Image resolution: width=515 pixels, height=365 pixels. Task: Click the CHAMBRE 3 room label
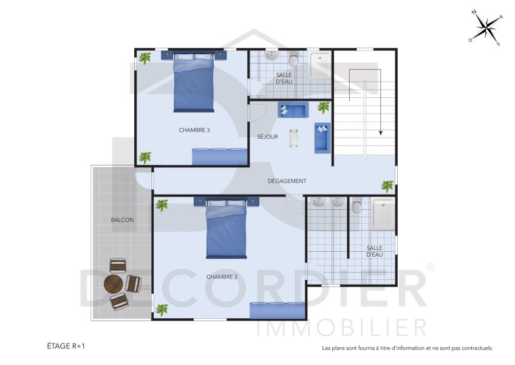coord(194,130)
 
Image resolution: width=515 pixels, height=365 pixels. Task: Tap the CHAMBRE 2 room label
coord(222,277)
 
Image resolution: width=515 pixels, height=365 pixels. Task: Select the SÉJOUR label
coord(267,137)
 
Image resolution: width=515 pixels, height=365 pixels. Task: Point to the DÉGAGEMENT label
coord(287,181)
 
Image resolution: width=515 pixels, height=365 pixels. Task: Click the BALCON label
coord(122,220)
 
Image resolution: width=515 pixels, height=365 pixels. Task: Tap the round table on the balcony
coord(114,283)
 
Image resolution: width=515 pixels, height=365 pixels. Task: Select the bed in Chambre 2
coord(227,230)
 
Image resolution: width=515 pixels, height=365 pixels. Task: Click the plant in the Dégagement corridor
coord(387,186)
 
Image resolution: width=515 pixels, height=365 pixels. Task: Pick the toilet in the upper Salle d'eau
coord(294,60)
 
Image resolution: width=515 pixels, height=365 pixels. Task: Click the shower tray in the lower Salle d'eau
coord(383,214)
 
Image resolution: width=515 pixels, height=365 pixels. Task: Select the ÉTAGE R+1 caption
coord(66,346)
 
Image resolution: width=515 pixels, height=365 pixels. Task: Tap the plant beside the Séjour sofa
coord(324,108)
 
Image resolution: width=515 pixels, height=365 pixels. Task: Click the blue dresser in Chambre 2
coord(277,310)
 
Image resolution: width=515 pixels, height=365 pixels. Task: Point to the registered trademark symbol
coord(430,267)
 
